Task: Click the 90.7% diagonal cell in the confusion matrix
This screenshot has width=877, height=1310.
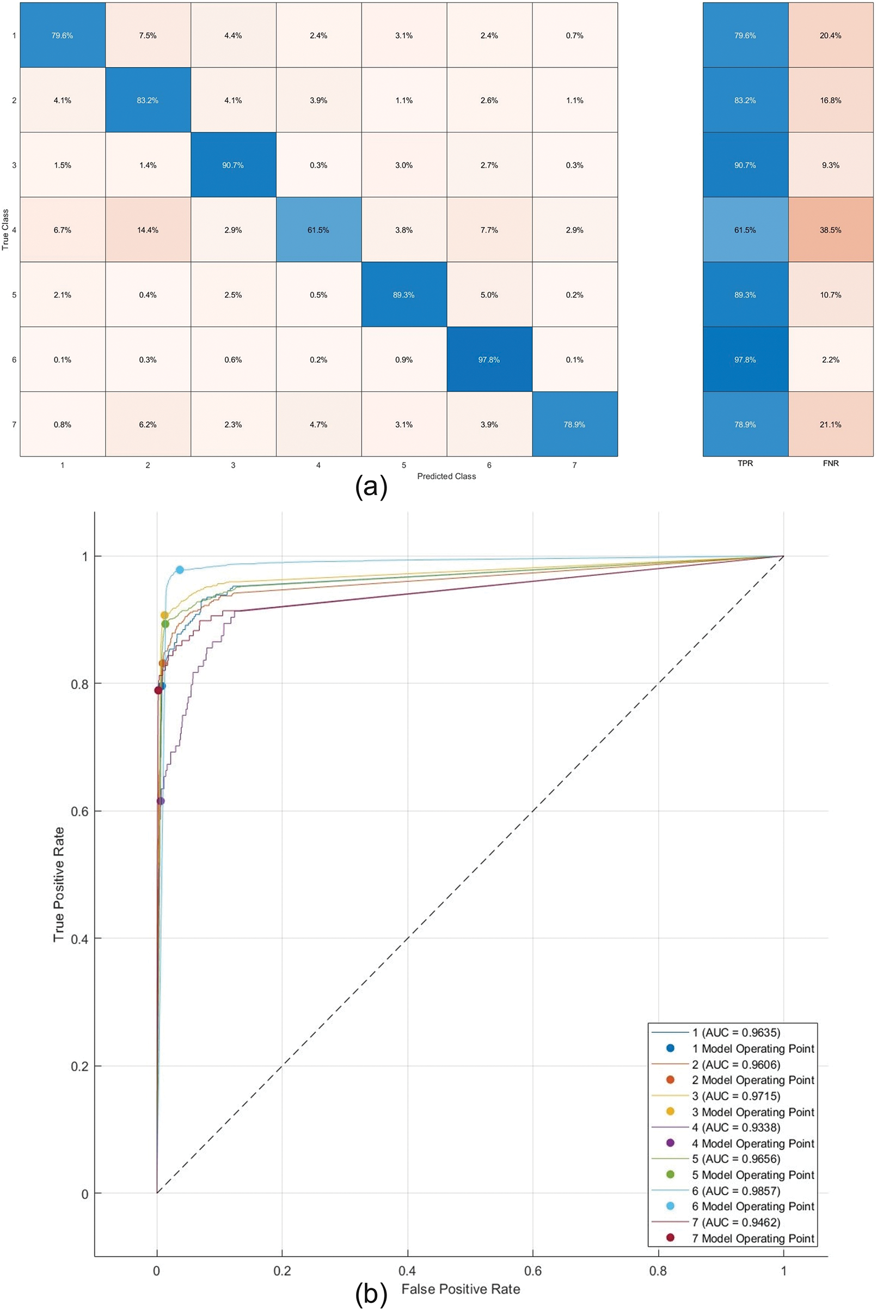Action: pyautogui.click(x=232, y=165)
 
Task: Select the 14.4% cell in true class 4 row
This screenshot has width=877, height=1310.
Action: pyautogui.click(x=148, y=230)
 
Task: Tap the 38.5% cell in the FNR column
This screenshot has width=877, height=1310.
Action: pyautogui.click(x=831, y=230)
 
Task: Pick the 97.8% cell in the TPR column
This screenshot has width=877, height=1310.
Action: pyautogui.click(x=745, y=360)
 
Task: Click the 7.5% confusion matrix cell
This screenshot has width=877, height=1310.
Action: pyautogui.click(x=148, y=35)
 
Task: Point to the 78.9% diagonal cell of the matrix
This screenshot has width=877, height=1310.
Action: pyautogui.click(x=574, y=425)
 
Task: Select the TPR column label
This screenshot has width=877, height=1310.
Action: pyautogui.click(x=745, y=464)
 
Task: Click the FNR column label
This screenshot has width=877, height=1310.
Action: pyautogui.click(x=831, y=464)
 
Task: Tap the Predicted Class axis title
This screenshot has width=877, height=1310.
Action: pyautogui.click(x=446, y=476)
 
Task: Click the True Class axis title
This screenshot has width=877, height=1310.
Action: pyautogui.click(x=5, y=229)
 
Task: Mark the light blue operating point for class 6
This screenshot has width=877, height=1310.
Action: pyautogui.click(x=180, y=570)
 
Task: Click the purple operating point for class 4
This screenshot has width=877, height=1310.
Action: pyautogui.click(x=161, y=801)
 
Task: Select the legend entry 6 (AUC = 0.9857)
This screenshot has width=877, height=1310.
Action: pyautogui.click(x=735, y=1191)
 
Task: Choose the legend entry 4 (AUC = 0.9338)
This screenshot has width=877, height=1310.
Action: pyautogui.click(x=735, y=1127)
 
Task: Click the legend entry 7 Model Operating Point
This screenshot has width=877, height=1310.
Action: pyautogui.click(x=752, y=1239)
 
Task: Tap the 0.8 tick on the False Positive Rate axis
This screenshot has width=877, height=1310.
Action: pyautogui.click(x=658, y=1271)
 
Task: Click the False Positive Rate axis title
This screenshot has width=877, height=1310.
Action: pyautogui.click(x=461, y=1289)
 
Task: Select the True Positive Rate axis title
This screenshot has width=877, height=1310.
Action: pyautogui.click(x=59, y=884)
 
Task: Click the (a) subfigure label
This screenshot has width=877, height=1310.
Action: pyautogui.click(x=371, y=487)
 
